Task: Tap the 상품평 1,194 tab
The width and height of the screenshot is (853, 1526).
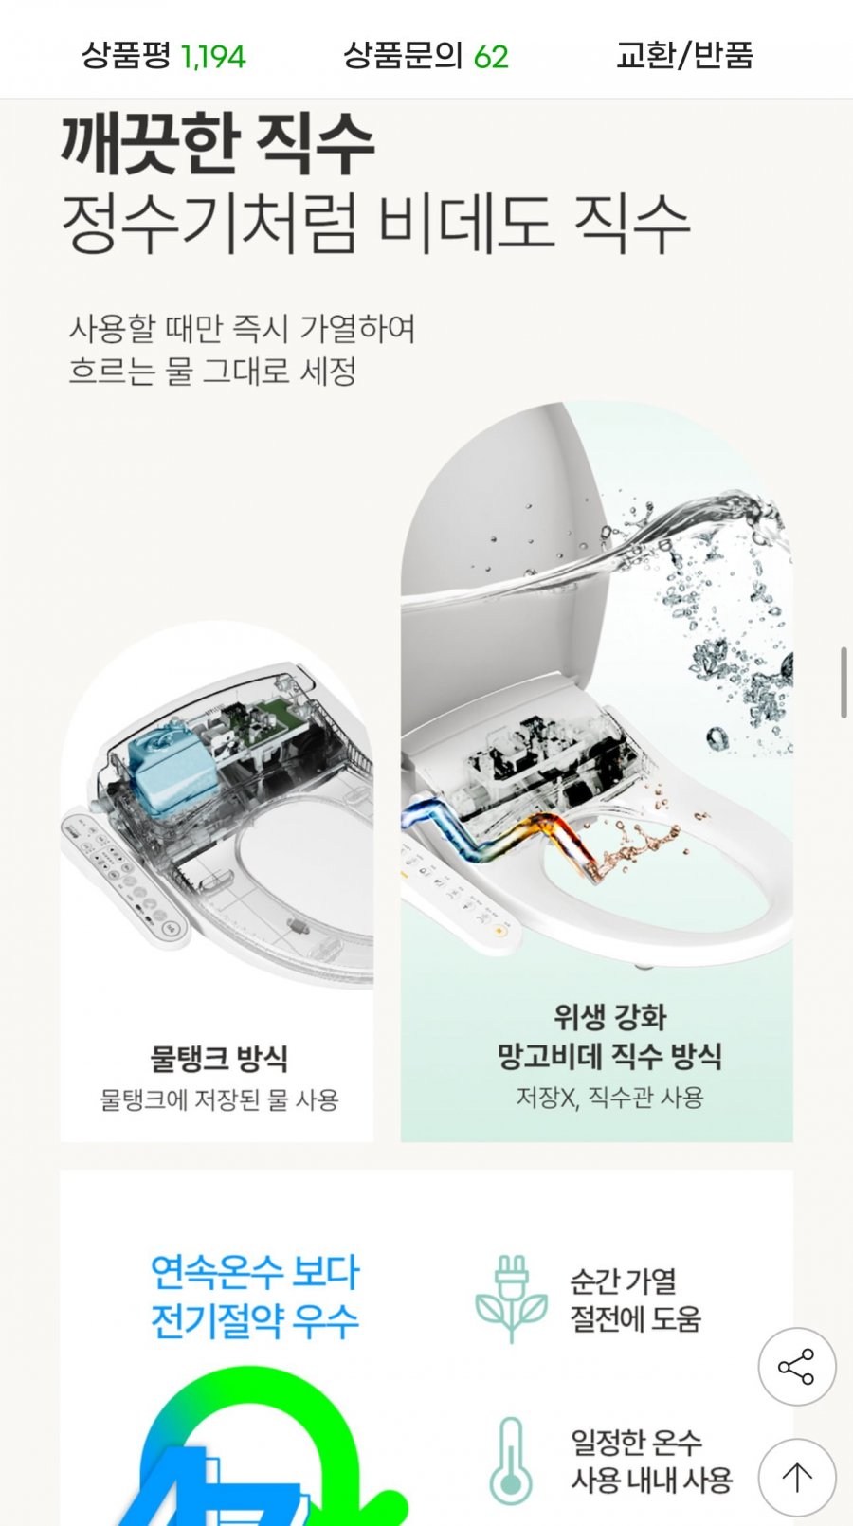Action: pos(164,56)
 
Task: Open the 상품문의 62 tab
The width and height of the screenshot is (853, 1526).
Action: pos(426,56)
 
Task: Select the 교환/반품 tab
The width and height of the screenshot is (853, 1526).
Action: pos(684,56)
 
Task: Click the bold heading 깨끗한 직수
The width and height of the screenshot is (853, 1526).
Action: pos(218,144)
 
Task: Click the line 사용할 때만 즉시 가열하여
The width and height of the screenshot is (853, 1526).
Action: pos(242,329)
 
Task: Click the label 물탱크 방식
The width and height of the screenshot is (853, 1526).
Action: pos(218,1058)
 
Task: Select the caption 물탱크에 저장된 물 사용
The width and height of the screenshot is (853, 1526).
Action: pos(219,1100)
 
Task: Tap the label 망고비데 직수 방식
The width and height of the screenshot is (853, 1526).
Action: pos(609,1056)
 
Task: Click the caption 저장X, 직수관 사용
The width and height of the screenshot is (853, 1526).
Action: pos(609,1098)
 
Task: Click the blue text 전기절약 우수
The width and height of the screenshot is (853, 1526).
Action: pos(255,1321)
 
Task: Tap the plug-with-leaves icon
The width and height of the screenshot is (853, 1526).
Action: pos(512,1299)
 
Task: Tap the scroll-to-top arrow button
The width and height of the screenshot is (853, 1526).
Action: pos(797,1477)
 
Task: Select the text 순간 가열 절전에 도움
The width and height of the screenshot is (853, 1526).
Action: pos(635,1299)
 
